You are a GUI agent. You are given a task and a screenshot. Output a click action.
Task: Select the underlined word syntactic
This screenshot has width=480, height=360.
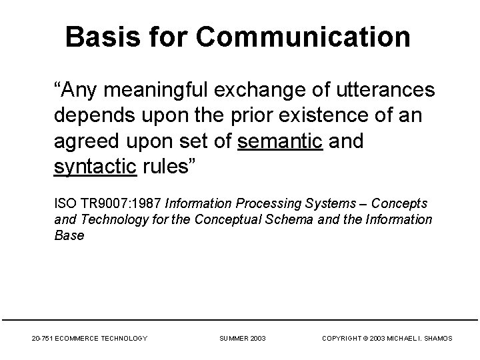pos(95,167)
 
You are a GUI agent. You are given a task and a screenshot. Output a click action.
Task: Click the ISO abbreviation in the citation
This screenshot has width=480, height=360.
pos(64,203)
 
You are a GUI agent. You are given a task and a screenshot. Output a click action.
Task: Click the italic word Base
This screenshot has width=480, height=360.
pos(69,235)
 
